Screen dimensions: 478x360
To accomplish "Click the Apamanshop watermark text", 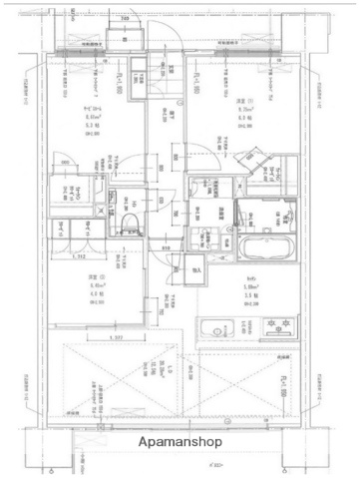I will (x=180, y=441).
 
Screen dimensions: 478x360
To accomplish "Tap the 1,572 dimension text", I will (x=118, y=337).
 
